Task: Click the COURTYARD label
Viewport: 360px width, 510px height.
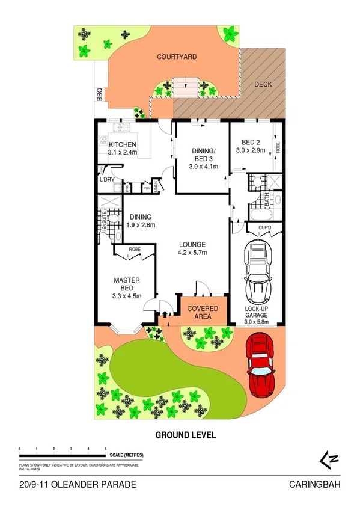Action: (x=177, y=57)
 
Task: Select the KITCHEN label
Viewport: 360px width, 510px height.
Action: (x=122, y=144)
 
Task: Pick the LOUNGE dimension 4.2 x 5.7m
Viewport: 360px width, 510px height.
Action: (x=192, y=253)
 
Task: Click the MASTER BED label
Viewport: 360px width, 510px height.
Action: (x=127, y=284)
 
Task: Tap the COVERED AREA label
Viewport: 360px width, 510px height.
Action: (x=203, y=312)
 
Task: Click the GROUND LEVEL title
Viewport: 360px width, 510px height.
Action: (x=185, y=435)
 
